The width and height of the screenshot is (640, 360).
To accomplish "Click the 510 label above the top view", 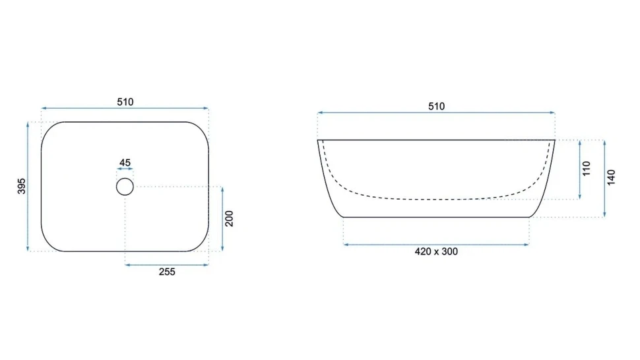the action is click(x=125, y=102).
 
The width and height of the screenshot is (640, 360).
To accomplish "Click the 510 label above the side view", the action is click(x=436, y=106).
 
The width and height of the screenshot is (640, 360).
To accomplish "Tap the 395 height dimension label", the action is click(x=22, y=186).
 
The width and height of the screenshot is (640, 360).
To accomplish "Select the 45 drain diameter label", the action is click(x=125, y=163).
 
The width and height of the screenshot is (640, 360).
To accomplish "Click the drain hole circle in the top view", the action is click(x=125, y=178).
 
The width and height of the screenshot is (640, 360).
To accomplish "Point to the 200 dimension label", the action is click(x=230, y=218).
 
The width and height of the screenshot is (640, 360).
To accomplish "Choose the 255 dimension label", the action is click(x=167, y=272).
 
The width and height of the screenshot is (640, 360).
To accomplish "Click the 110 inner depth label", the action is click(x=587, y=168).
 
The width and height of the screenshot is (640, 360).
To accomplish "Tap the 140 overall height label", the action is click(x=611, y=178).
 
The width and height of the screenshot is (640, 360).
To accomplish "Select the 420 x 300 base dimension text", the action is click(x=436, y=252).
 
